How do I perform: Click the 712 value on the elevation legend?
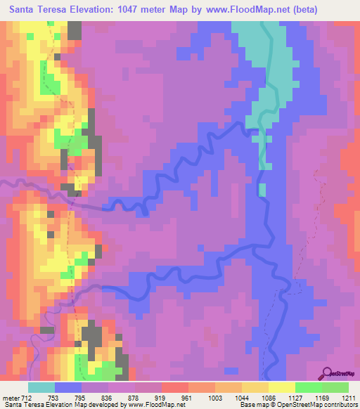pos(26,397)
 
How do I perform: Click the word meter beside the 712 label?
pos(10,397)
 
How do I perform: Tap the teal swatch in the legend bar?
pos(41,387)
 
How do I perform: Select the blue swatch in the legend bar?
pos(68,387)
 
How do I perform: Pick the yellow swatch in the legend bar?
pos(281,387)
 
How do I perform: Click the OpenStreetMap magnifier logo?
pos(328,373)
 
